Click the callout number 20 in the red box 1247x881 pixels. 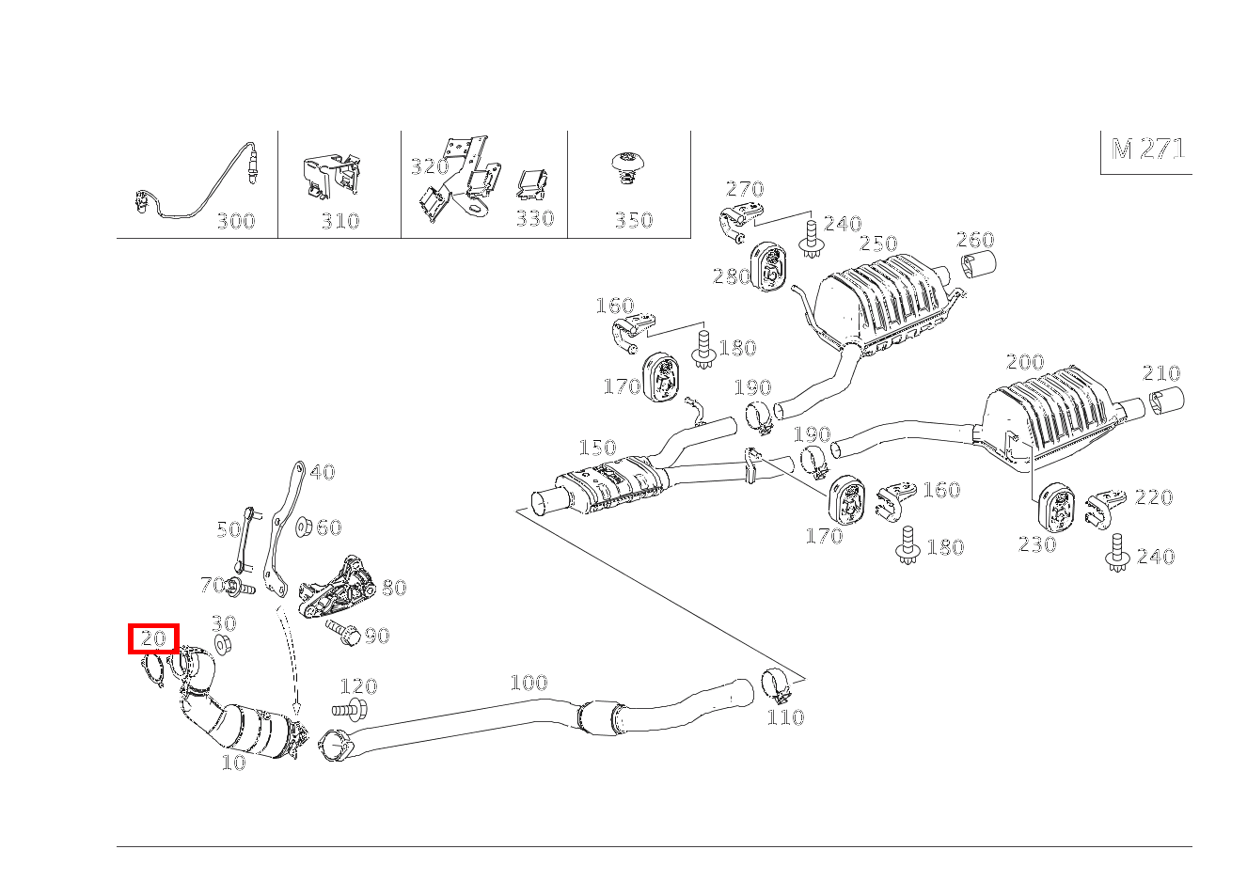tap(153, 637)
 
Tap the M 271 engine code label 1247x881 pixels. tap(1148, 149)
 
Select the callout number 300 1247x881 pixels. tap(236, 222)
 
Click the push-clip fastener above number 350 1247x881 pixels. tap(628, 168)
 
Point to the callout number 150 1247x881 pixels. tap(597, 448)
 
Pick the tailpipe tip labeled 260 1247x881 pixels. tap(979, 265)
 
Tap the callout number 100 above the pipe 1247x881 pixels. tap(529, 683)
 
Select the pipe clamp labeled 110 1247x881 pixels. tap(777, 686)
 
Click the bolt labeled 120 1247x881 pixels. tap(350, 710)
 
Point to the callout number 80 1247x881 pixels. tap(394, 588)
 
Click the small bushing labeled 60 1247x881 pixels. tap(304, 527)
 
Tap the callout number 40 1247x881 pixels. tap(323, 473)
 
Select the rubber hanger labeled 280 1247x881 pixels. tap(769, 267)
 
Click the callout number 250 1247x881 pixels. tap(878, 244)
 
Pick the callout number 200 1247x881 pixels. tap(1025, 362)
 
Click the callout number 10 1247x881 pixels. tap(234, 763)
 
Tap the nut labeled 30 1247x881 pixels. tap(223, 644)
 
